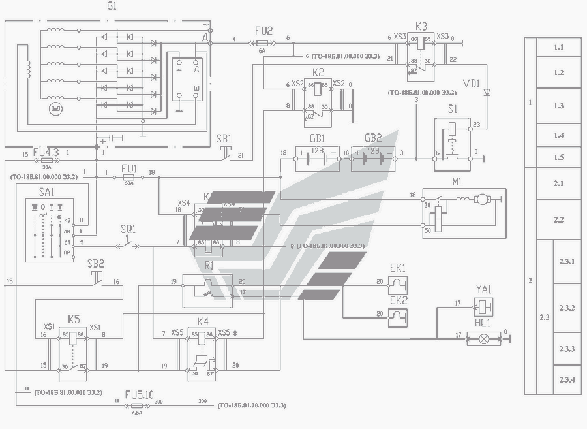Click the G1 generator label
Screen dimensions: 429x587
[112, 6]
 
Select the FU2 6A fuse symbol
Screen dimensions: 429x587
[262, 40]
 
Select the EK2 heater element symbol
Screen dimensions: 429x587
[398, 317]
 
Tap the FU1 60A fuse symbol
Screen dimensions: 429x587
[128, 177]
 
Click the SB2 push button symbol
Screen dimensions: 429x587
[96, 278]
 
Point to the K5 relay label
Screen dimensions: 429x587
[74, 319]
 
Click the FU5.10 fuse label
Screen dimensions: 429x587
[139, 394]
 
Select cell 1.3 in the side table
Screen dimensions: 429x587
[558, 105]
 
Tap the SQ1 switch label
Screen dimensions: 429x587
[128, 229]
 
